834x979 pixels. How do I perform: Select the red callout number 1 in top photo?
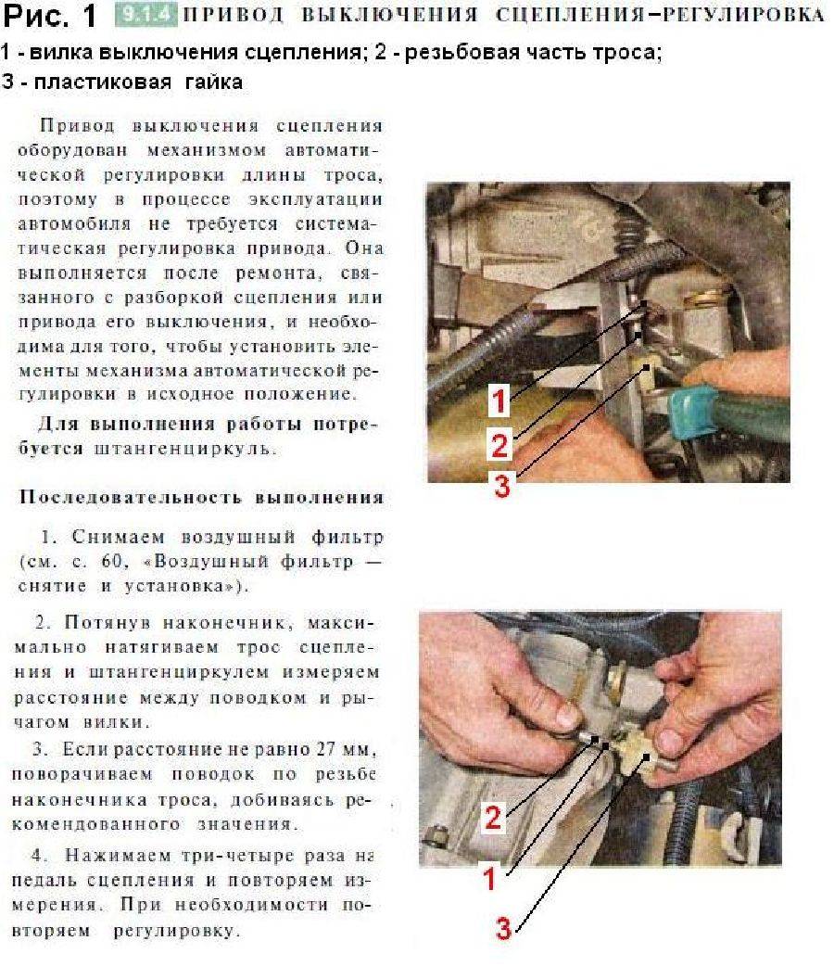pos(499,401)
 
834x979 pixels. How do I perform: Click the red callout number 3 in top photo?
pos(501,487)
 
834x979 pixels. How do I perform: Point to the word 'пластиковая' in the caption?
pos(97,82)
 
